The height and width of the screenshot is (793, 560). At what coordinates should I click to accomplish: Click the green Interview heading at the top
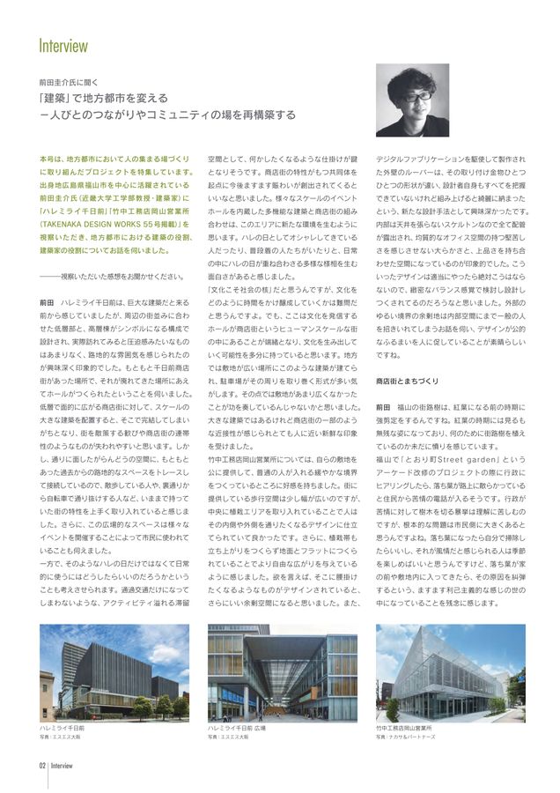63,46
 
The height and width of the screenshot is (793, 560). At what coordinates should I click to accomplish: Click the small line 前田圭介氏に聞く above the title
75,79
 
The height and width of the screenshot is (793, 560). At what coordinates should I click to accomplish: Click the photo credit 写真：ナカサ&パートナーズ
410,737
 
